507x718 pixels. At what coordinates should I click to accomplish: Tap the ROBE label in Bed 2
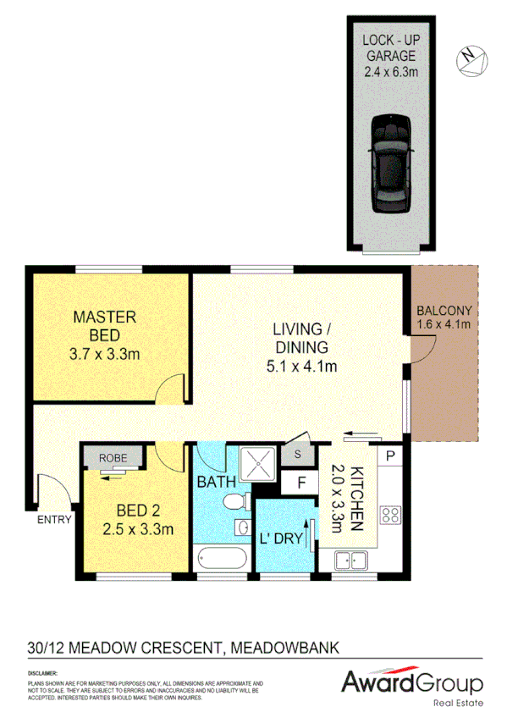113,458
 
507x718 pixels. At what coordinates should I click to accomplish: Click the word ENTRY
54,521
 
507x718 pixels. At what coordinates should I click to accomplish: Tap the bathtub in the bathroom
220,559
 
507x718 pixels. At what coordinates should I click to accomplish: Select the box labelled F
298,485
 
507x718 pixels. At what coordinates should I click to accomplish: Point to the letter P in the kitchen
390,455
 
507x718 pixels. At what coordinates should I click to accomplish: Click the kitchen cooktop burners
390,513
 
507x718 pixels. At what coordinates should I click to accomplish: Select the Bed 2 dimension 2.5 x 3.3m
139,531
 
